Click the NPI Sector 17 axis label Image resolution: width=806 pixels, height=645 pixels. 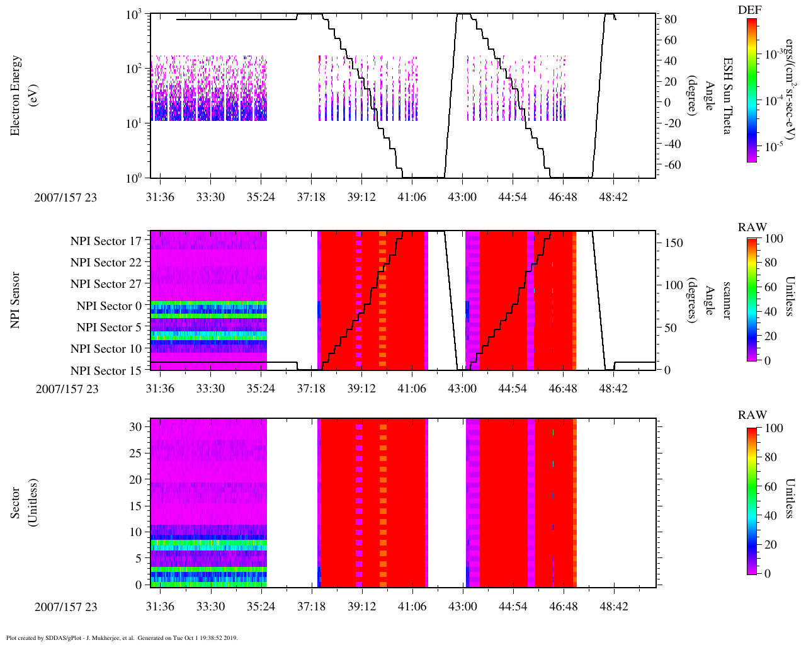coord(106,241)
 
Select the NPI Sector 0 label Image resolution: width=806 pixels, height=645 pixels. coord(109,306)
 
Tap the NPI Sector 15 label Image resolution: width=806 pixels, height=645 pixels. coord(106,371)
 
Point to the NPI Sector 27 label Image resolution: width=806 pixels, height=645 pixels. coord(106,284)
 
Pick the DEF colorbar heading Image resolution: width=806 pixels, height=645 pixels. coord(749,9)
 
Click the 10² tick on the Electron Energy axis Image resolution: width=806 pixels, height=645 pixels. coord(133,69)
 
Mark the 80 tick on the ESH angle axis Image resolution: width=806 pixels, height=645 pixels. coord(671,20)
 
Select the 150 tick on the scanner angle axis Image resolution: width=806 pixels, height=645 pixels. coord(674,243)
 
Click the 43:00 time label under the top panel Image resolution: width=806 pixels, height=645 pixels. coord(462,197)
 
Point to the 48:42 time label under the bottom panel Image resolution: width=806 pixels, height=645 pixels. coord(613,607)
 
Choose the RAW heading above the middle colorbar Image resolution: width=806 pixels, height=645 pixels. coord(752,227)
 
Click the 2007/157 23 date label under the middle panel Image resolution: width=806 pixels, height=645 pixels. coord(67,389)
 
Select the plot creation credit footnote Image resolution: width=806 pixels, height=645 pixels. coord(122,637)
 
